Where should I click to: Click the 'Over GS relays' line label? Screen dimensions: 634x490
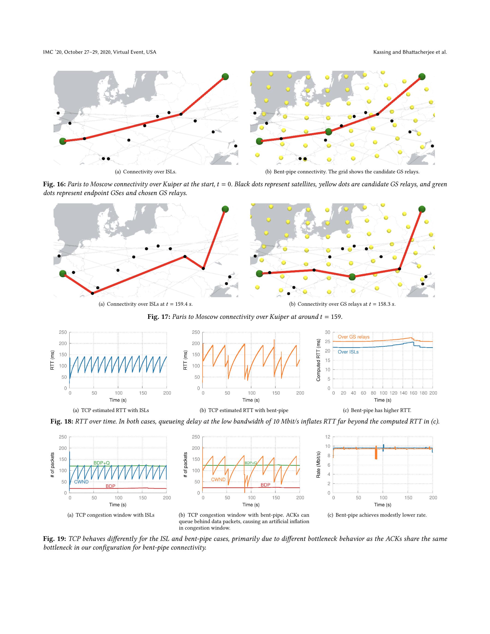tap(353, 337)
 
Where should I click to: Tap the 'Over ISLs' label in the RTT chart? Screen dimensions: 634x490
tap(348, 352)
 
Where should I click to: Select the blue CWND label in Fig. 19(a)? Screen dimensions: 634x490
tap(81, 482)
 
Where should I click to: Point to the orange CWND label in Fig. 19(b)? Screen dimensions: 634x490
tap(218, 479)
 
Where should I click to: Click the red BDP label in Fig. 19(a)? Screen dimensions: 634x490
tap(110, 486)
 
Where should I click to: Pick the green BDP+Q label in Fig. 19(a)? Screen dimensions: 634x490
tap(102, 463)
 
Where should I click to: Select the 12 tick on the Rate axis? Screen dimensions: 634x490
tap(327, 437)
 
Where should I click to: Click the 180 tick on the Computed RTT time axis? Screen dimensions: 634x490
tap(423, 393)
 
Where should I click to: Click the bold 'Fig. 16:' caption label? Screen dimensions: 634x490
tap(54, 184)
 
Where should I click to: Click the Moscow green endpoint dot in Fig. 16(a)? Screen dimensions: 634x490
tap(225, 77)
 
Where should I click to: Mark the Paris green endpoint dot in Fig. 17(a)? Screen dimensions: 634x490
tap(63, 273)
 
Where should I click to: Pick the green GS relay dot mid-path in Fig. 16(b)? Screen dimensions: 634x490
tap(328, 132)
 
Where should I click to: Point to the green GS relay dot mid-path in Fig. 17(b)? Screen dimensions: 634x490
tap(352, 277)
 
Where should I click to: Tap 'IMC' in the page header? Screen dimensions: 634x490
tap(48, 52)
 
